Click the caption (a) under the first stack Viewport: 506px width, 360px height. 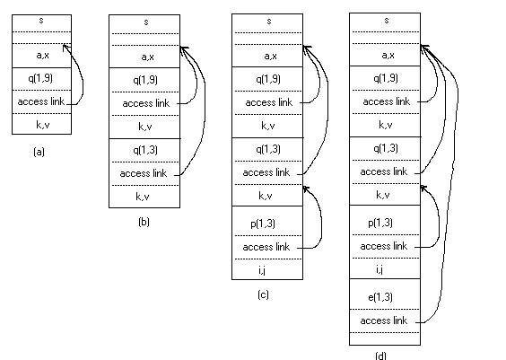click(39, 152)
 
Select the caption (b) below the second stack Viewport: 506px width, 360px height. click(144, 222)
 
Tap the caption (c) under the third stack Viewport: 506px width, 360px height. click(263, 294)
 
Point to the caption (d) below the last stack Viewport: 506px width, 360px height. click(380, 356)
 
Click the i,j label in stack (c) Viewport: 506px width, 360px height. click(262, 270)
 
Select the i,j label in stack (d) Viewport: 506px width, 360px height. click(379, 269)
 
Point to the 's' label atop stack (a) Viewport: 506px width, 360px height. click(41, 21)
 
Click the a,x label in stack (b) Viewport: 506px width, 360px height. click(147, 57)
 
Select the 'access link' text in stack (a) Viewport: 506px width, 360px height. click(41, 101)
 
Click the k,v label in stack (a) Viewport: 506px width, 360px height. click(42, 125)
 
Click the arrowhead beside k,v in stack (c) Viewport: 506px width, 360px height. click(305, 188)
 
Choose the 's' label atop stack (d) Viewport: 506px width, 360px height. click(387, 21)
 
